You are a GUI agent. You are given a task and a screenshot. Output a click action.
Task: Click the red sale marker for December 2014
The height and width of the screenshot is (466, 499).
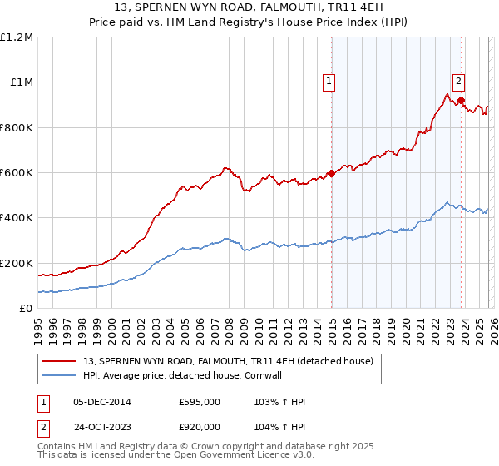pyautogui.click(x=331, y=174)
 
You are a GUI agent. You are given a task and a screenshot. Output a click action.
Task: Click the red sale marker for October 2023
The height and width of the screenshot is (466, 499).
pyautogui.click(x=461, y=101)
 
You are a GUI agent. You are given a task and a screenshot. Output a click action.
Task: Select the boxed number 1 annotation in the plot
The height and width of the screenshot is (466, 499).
pyautogui.click(x=330, y=81)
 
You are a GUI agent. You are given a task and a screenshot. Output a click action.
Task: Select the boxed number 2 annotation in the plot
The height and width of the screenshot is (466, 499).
pyautogui.click(x=458, y=81)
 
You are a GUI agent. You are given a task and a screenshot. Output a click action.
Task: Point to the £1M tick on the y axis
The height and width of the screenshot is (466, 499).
pyautogui.click(x=20, y=82)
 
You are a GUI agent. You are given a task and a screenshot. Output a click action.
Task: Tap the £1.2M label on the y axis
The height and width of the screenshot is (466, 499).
pyautogui.click(x=17, y=37)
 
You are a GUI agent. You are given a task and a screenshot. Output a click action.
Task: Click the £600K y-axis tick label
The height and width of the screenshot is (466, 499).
pyautogui.click(x=17, y=173)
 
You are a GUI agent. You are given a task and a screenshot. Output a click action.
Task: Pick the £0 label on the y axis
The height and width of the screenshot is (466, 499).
pyautogui.click(x=26, y=309)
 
